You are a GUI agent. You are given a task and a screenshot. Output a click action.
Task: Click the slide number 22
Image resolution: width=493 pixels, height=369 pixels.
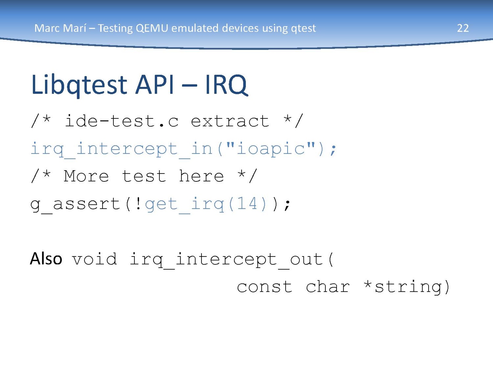tap(463, 28)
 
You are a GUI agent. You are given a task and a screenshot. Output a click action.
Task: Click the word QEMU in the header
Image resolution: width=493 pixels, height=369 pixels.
tap(152, 28)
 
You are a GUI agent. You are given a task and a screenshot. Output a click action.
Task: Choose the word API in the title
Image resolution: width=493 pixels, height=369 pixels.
tap(155, 85)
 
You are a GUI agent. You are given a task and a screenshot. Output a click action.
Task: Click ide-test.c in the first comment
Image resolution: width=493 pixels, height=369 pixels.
tap(122, 121)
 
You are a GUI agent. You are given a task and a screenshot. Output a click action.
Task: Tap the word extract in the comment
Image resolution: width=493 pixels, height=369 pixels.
tap(230, 121)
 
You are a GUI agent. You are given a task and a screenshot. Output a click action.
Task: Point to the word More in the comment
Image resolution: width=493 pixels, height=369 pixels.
tap(86, 176)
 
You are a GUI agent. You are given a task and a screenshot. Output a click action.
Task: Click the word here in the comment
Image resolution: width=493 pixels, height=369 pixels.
tap(201, 176)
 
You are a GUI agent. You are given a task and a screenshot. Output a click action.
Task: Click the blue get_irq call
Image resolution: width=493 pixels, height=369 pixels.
tap(206, 204)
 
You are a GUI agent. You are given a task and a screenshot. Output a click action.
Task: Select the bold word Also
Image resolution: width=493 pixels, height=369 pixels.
tap(46, 259)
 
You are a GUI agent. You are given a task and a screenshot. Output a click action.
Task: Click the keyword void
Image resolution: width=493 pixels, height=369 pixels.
tap(94, 259)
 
